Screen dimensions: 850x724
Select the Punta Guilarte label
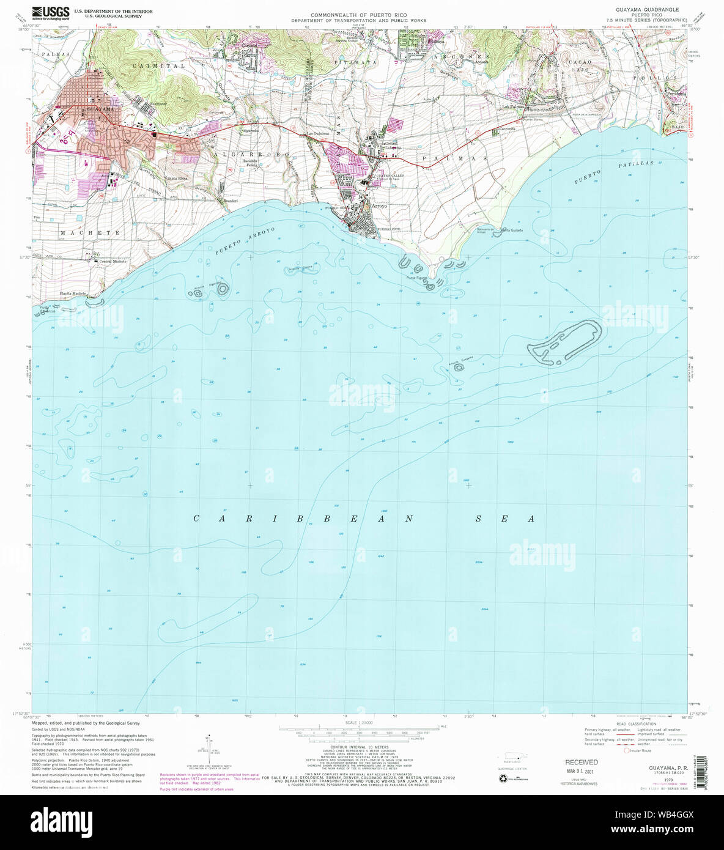512,230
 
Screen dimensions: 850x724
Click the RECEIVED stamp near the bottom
581,762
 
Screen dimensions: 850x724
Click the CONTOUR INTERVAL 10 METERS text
354,747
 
